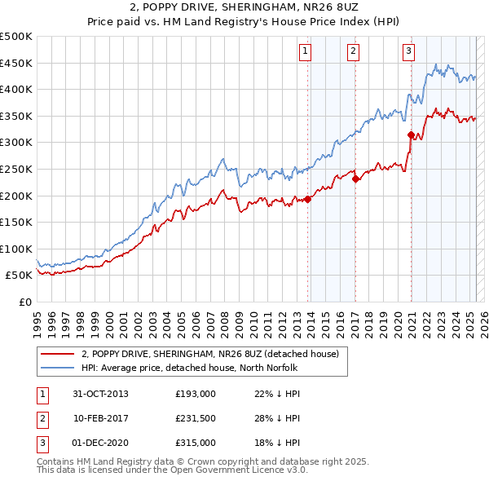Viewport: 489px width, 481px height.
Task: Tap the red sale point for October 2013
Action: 308,200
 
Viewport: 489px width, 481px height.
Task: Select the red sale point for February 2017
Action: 355,179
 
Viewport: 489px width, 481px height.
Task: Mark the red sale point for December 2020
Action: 411,135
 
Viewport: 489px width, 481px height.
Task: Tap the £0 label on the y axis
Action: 25,302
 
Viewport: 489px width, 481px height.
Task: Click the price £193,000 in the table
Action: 196,394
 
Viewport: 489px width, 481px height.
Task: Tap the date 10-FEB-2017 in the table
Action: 101,418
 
